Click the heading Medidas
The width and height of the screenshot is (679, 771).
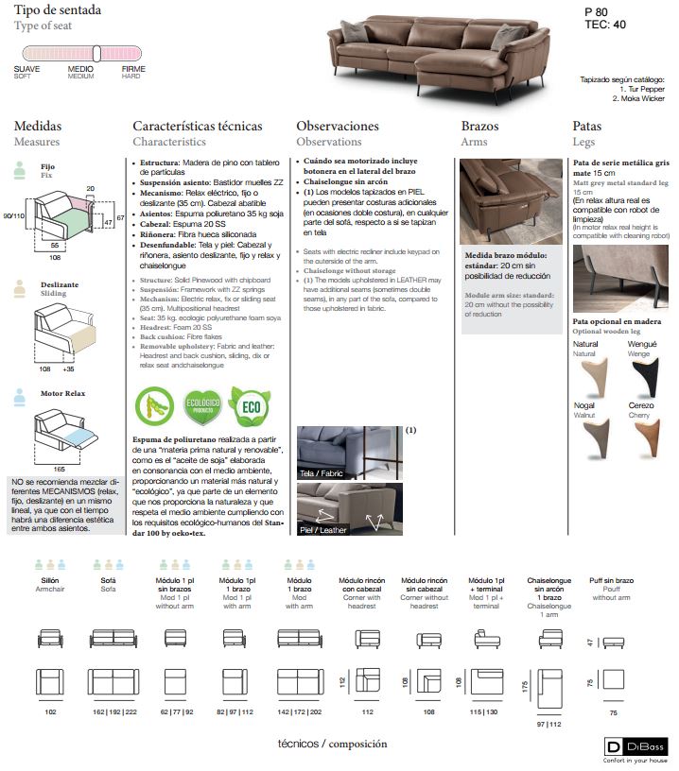[38, 126]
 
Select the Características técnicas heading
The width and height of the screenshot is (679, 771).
[196, 126]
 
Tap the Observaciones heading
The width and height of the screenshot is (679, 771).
[338, 126]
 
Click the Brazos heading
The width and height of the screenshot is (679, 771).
[479, 126]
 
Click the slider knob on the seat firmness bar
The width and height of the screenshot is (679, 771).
[96, 54]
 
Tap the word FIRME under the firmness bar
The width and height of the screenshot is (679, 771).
[133, 69]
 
